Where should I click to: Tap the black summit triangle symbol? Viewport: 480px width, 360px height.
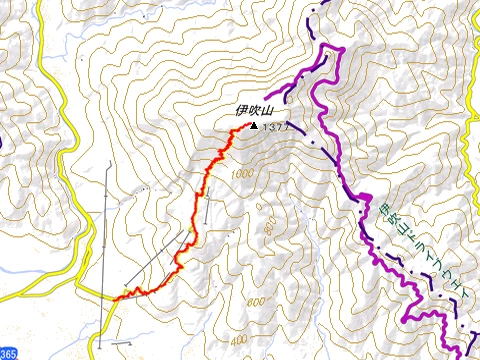pyautogui.click(x=252, y=127)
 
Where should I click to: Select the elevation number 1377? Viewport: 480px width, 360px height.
pyautogui.click(x=274, y=128)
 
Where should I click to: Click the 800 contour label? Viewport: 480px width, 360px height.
pyautogui.click(x=269, y=229)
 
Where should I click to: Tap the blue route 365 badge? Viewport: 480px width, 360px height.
pyautogui.click(x=8, y=353)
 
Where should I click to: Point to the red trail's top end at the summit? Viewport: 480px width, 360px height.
pyautogui.click(x=247, y=125)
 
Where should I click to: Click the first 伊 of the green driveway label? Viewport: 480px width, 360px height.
pyautogui.click(x=385, y=210)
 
